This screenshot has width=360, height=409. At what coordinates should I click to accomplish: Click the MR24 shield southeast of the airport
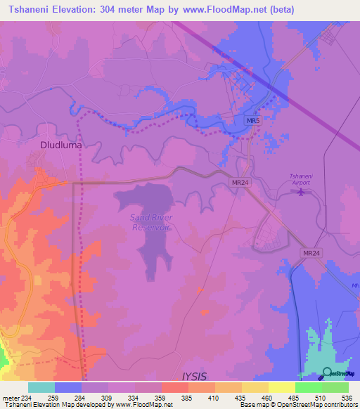[x=312, y=252]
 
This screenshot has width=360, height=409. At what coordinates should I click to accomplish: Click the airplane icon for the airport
[x=303, y=191]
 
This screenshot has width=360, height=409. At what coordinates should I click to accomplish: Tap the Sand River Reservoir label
[x=151, y=221]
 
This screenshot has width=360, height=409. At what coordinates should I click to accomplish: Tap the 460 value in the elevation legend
[x=268, y=398]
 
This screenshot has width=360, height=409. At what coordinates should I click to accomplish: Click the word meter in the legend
[x=10, y=398]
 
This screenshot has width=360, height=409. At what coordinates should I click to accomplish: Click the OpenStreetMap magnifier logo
[x=328, y=373]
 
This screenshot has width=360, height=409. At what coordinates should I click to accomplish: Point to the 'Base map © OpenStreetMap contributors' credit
[x=298, y=405]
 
